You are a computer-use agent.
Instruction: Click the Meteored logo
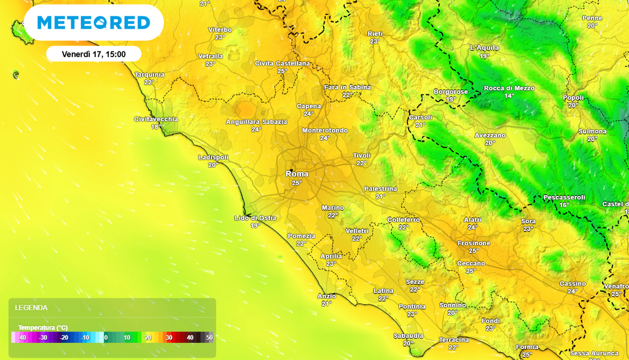point(93,23)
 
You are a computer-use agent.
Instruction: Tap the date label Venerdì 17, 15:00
point(93,54)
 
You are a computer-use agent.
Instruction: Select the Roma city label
point(297,174)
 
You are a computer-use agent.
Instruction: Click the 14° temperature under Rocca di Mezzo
point(509,96)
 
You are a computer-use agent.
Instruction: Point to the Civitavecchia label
point(156,119)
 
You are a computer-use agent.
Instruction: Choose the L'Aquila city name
point(484,48)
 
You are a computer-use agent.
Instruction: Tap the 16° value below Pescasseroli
point(564,205)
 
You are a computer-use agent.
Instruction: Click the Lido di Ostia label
point(255,218)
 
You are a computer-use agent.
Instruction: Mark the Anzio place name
point(327,296)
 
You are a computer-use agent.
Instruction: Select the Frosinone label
point(474,243)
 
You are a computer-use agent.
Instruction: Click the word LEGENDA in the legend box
point(31,308)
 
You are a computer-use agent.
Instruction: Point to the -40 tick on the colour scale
point(22,337)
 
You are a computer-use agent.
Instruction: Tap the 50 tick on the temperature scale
point(209,337)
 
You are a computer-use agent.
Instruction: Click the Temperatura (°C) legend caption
point(43,327)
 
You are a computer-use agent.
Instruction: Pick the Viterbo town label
point(220,29)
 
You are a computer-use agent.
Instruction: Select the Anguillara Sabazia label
point(256,122)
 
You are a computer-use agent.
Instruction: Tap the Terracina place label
point(454,340)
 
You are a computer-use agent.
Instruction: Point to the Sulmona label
point(592,131)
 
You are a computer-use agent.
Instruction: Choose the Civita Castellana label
point(283,63)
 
